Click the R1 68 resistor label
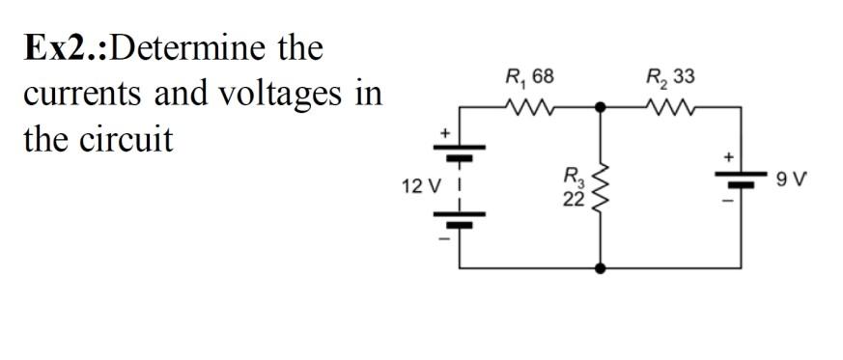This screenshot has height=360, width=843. coord(530,77)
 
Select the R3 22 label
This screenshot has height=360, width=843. coord(574,189)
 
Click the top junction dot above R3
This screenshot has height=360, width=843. coord(602,108)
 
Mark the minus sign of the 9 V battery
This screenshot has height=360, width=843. coord(729,200)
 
